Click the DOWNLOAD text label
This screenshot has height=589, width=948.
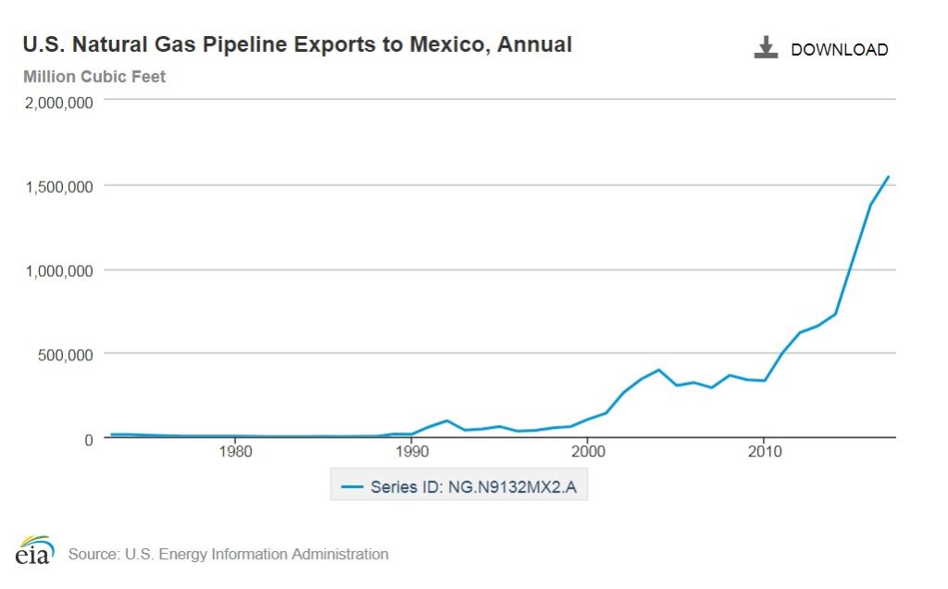(839, 50)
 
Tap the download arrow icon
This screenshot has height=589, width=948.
(766, 48)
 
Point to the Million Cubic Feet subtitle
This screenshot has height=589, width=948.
(94, 77)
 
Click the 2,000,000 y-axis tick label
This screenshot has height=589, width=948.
(59, 103)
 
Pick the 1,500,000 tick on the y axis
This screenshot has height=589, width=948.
(59, 187)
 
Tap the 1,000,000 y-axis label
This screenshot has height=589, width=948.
(59, 271)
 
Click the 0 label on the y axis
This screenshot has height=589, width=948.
(89, 439)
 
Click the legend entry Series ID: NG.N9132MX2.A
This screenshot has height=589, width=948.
(459, 486)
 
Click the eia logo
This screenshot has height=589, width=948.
(34, 551)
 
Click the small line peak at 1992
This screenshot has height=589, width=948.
(447, 420)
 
